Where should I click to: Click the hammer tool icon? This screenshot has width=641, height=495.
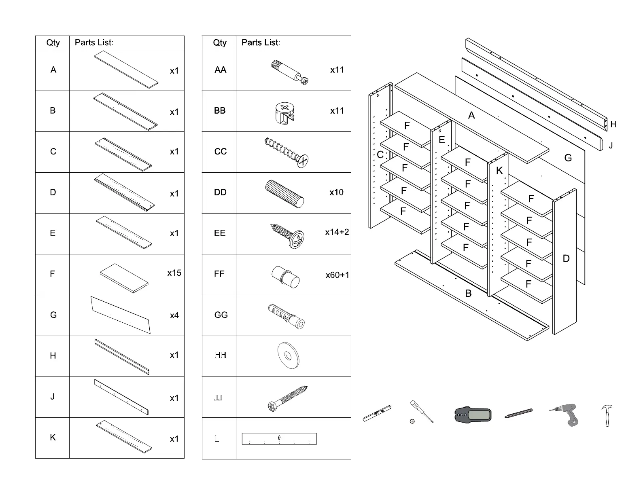click(x=607, y=415)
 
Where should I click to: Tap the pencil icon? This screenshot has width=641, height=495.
click(x=518, y=413)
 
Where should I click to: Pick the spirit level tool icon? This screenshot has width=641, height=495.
click(x=377, y=413)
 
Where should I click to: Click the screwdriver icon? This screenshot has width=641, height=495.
click(x=421, y=411)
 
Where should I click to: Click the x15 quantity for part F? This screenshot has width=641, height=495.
click(x=174, y=273)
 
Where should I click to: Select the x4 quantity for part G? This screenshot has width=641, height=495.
click(x=174, y=315)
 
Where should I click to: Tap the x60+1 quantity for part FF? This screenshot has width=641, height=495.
click(x=337, y=275)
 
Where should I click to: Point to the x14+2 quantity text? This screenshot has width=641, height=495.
click(x=337, y=232)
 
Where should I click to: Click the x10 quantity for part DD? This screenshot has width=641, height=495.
click(x=336, y=192)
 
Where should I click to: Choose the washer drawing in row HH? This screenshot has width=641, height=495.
click(x=288, y=356)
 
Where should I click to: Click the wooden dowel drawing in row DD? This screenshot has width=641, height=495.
click(x=284, y=193)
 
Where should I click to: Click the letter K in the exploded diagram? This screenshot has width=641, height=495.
click(x=499, y=171)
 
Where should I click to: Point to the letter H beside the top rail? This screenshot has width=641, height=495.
click(x=613, y=125)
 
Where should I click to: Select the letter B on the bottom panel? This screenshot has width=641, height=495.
click(x=468, y=294)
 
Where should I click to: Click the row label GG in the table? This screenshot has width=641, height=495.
click(x=221, y=315)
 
